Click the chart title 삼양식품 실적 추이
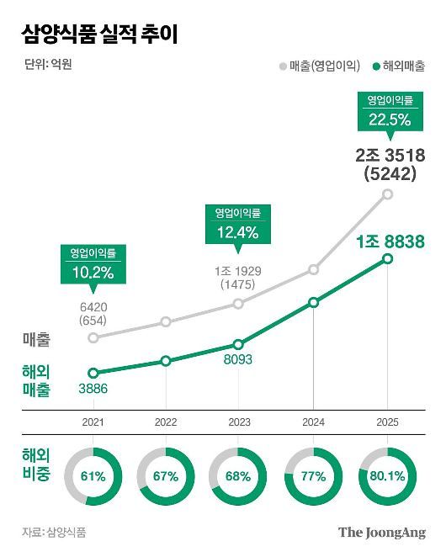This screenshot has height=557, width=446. click(x=99, y=34)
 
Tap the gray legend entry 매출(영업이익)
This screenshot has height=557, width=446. click(x=319, y=65)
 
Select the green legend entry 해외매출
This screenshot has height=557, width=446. click(x=398, y=65)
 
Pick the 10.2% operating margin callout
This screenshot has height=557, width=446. click(x=93, y=264)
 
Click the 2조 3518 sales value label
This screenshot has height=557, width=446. click(x=390, y=155)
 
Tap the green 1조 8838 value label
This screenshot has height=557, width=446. click(x=390, y=241)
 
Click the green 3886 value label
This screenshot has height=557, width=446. click(x=93, y=389)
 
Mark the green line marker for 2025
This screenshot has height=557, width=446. click(x=388, y=258)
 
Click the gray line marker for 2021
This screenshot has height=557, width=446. click(x=93, y=338)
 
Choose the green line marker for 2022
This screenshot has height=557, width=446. click(x=166, y=361)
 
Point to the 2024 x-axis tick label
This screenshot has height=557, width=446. click(x=314, y=422)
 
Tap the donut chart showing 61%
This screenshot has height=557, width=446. click(x=93, y=476)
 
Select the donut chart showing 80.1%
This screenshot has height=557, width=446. click(x=387, y=476)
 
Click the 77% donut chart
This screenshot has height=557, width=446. click(x=314, y=476)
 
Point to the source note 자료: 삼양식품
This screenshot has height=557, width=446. click(x=55, y=532)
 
